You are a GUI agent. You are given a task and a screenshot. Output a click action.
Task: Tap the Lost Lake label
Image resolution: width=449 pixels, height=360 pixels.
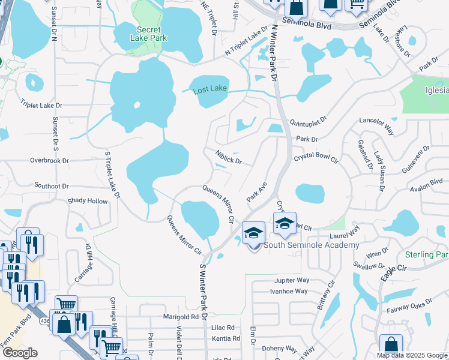[x=210, y=89]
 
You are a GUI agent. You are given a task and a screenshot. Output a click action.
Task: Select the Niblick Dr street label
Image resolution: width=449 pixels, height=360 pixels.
[x=228, y=157]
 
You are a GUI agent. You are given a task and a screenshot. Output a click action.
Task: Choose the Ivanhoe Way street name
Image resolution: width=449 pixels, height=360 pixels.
[x=289, y=292]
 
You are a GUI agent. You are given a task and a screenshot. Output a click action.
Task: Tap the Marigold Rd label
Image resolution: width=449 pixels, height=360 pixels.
[x=181, y=317]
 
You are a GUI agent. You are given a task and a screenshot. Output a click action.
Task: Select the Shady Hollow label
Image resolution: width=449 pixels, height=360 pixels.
[x=88, y=202]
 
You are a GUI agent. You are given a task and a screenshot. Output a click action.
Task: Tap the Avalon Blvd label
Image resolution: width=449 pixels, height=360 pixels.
[x=427, y=187]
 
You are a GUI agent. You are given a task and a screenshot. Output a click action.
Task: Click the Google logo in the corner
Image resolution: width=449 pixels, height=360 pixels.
[x=20, y=353]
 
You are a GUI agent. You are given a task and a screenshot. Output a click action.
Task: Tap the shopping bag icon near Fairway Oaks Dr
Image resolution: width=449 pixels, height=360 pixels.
[x=391, y=346]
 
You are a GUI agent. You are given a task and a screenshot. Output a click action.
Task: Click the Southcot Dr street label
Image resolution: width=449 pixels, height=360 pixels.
[x=52, y=186]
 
